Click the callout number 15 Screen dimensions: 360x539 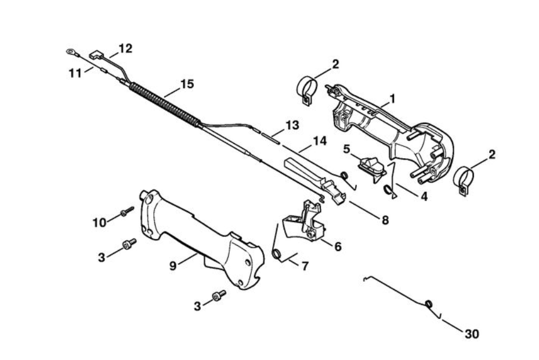[x=186, y=84]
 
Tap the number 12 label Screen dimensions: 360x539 [x=125, y=48]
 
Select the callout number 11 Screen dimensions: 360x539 [x=75, y=72]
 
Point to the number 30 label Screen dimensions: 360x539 [x=472, y=334]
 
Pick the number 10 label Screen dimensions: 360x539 [x=99, y=222]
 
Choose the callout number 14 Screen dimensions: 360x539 [x=320, y=140]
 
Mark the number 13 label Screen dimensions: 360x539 [x=292, y=125]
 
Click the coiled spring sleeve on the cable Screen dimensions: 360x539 [x=165, y=104]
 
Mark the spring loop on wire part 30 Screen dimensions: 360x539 [x=429, y=303]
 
